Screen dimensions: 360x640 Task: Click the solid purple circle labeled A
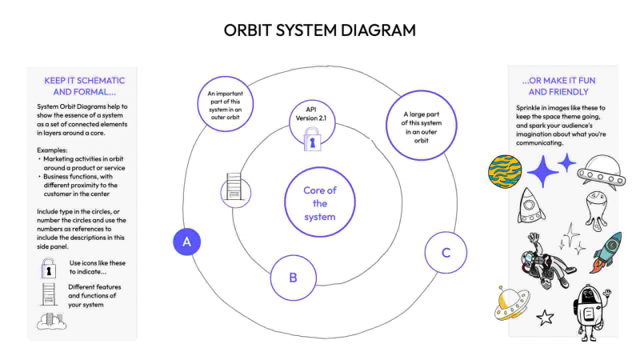coord(186,242)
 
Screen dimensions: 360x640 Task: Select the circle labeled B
coord(293,278)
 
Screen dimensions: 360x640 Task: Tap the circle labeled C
coord(446,253)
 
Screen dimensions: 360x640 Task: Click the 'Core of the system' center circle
coord(319,203)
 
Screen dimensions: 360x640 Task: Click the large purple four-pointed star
coord(544,171)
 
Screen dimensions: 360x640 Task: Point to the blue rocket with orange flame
coord(607,252)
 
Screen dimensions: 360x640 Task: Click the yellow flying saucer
coord(513,302)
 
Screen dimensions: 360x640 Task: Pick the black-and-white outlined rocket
coord(530,205)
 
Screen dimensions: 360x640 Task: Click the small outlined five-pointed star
coord(546,318)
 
